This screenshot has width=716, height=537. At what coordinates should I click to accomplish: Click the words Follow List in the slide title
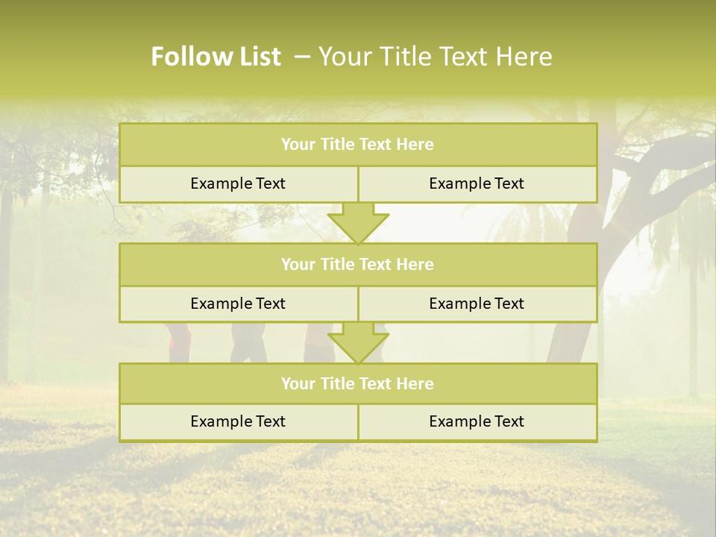216,57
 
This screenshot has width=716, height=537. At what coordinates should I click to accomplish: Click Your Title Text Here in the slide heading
435,57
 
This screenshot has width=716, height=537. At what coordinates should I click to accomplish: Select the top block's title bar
358,145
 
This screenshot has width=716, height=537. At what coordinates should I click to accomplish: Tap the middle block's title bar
358,264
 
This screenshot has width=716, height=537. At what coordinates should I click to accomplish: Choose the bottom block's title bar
358,383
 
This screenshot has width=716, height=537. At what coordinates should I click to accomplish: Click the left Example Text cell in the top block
238,183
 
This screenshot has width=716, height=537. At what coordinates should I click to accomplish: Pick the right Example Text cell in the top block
477,183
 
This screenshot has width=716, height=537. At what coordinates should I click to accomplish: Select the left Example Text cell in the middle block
238,304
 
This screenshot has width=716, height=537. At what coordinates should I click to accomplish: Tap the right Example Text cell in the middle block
477,304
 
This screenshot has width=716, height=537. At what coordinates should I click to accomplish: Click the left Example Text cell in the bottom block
238,421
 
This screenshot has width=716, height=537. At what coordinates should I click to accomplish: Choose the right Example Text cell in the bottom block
477,421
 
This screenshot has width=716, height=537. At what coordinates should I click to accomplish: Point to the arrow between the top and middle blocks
358,223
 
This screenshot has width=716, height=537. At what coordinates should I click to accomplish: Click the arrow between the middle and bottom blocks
358,343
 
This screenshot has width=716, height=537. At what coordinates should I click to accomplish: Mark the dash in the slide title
303,57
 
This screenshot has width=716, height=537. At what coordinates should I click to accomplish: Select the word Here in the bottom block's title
416,383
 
